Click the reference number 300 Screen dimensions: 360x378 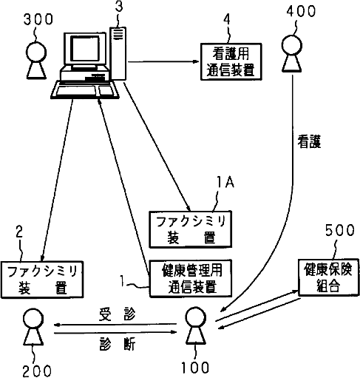tap(38, 19)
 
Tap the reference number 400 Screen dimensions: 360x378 tap(301, 11)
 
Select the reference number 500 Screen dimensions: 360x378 tap(340, 230)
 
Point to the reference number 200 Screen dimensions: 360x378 tap(37, 371)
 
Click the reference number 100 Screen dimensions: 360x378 tap(195, 368)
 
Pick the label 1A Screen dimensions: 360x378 tap(225, 183)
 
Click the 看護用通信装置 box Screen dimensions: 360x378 tap(231, 61)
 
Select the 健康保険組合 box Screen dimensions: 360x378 tap(328, 277)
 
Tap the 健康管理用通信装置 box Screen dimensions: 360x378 tap(191, 278)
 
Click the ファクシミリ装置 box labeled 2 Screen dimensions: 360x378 tap(42, 280)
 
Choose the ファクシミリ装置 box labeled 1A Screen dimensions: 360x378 tap(191, 229)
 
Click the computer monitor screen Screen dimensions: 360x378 tap(85, 48)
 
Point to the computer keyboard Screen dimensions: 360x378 tap(85, 90)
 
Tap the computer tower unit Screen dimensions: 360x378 tap(118, 53)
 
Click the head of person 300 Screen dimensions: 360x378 tap(36, 52)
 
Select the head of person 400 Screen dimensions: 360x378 tap(292, 45)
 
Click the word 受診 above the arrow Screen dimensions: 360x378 tap(117, 314)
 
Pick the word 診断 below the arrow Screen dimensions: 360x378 tap(118, 343)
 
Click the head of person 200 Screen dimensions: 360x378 tap(33, 318)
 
